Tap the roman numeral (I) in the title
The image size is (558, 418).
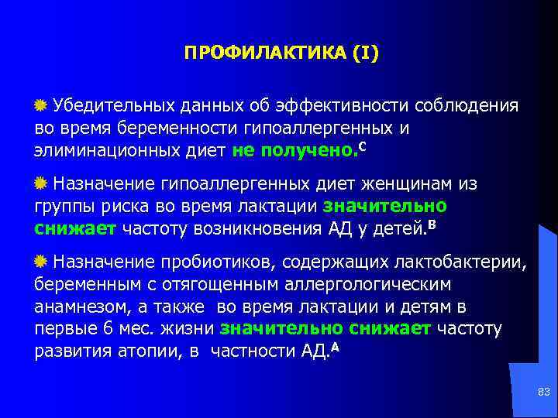coord(366,53)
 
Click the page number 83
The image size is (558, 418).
coord(543,394)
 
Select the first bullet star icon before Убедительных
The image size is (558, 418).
coord(41,105)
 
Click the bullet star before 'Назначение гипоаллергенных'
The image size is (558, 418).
coord(41,184)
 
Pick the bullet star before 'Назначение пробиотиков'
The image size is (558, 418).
coord(41,263)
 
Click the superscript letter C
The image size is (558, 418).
coord(364,145)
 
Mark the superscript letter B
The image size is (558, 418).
coord(432,224)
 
